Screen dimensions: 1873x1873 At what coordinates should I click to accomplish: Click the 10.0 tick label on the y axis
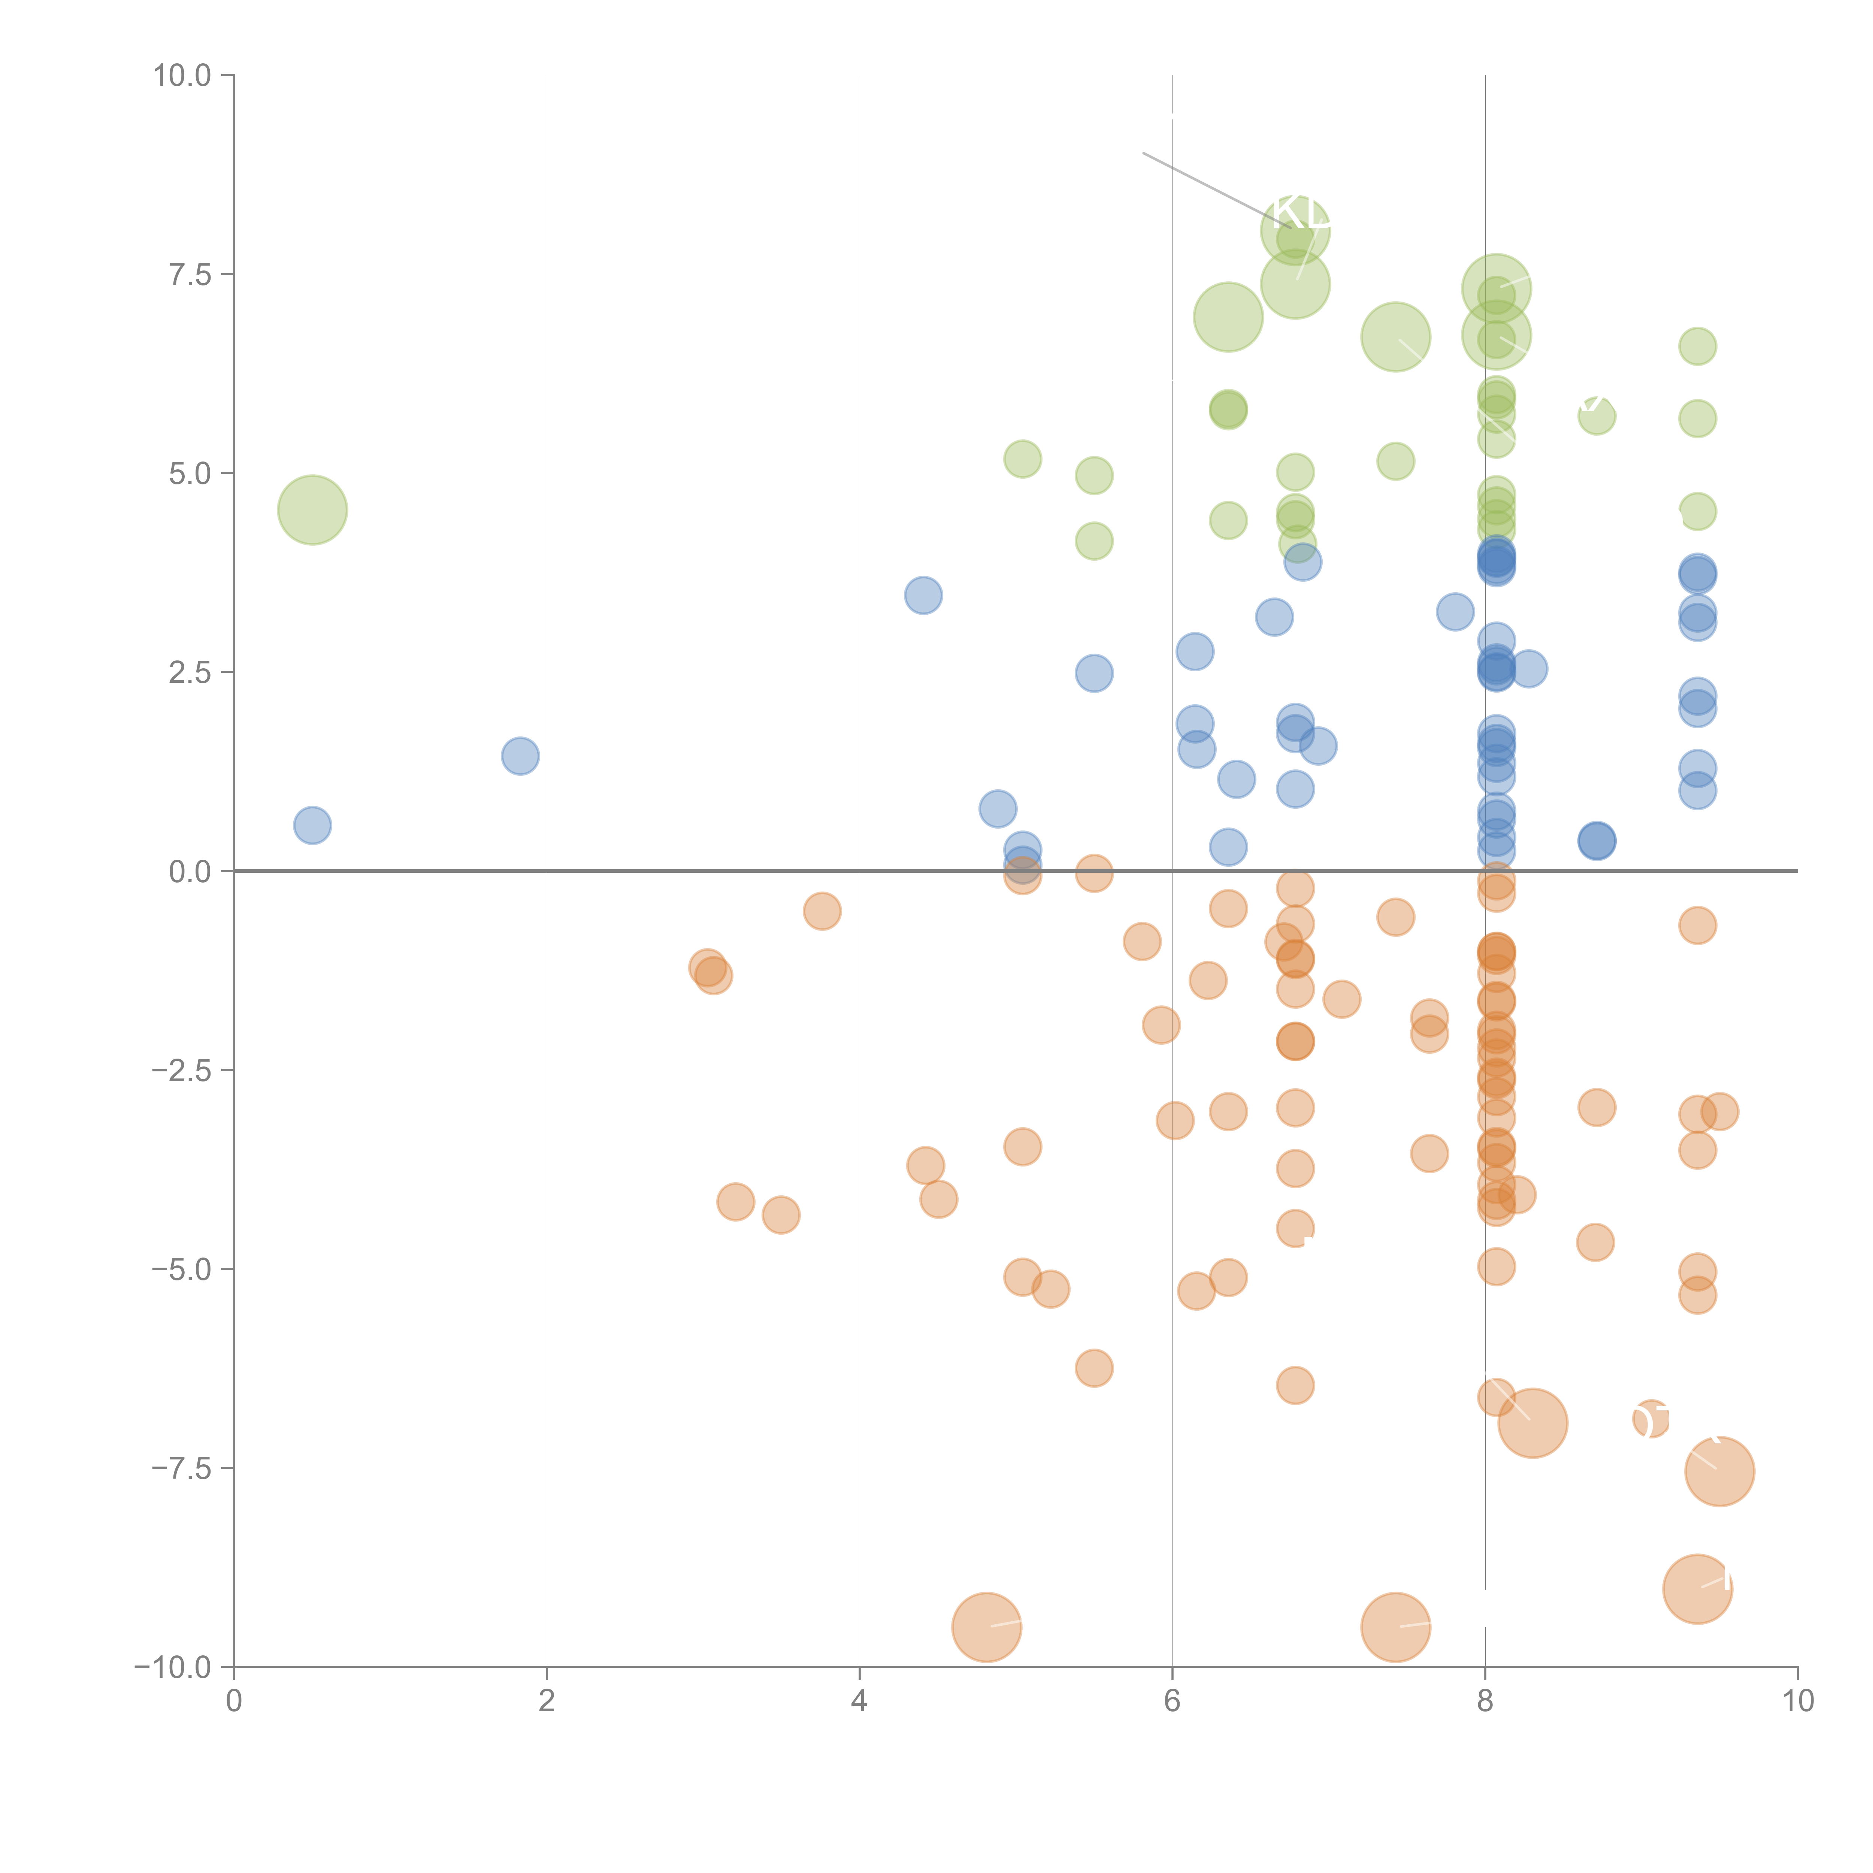click(x=182, y=76)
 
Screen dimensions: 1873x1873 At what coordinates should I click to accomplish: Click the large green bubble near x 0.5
click(x=312, y=510)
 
